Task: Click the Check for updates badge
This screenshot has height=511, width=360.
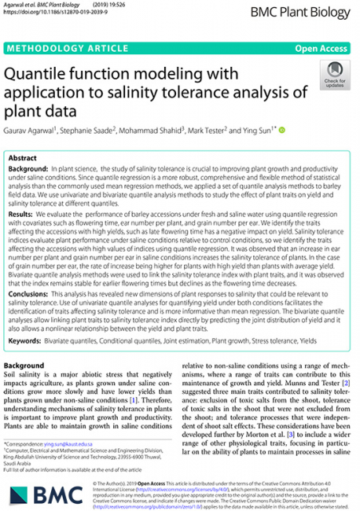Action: coord(333,79)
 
